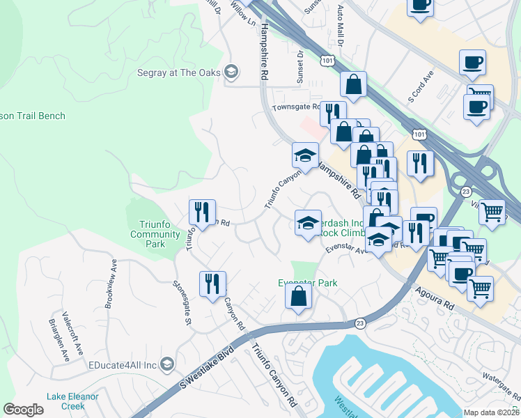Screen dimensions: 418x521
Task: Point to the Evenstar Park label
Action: tap(308, 283)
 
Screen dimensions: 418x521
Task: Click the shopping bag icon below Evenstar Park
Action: tap(298, 296)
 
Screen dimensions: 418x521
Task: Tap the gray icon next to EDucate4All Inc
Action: tap(167, 364)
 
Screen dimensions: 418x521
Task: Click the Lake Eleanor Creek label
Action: tap(72, 401)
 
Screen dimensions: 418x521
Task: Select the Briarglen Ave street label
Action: tap(64, 341)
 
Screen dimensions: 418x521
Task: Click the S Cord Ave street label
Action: tap(421, 85)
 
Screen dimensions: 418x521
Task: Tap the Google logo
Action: tap(24, 410)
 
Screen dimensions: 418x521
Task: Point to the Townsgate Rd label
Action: tap(295, 107)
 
